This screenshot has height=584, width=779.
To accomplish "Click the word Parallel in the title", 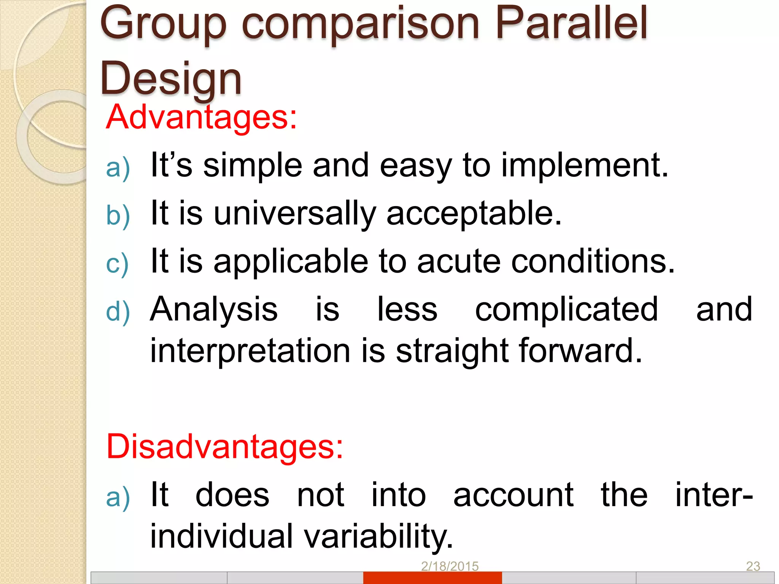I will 571,24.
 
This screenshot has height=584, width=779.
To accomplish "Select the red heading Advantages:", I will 201,117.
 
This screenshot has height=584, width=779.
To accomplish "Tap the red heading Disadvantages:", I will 224,447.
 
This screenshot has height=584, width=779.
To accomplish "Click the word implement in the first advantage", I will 584,165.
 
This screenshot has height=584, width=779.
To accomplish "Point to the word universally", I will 295,213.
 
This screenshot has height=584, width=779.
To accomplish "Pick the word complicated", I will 566,309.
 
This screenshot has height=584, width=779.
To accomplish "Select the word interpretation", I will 250,351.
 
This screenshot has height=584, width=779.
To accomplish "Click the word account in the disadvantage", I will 514,495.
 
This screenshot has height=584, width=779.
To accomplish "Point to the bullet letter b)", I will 118,216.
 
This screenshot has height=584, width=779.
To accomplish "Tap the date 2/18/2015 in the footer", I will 450,567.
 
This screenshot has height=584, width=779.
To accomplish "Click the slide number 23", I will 753,567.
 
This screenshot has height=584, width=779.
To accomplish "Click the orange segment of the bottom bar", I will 432,578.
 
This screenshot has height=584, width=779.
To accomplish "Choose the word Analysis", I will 214,309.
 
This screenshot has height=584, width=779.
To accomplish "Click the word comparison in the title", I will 361,24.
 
